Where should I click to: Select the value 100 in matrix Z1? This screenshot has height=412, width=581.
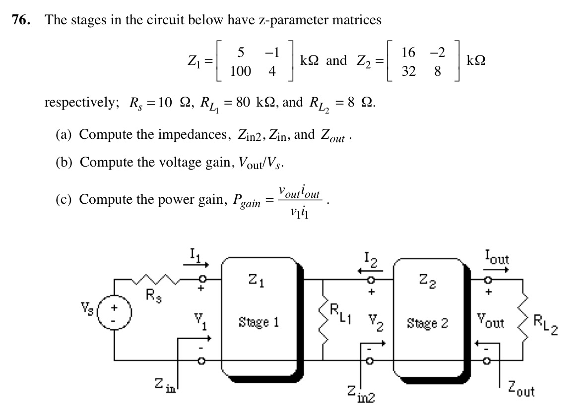pos(241,71)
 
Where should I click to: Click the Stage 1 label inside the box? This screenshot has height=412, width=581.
pos(258,323)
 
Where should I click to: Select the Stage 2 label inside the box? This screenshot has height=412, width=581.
pos(427,323)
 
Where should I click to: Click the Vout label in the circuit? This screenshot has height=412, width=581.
pos(490,323)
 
